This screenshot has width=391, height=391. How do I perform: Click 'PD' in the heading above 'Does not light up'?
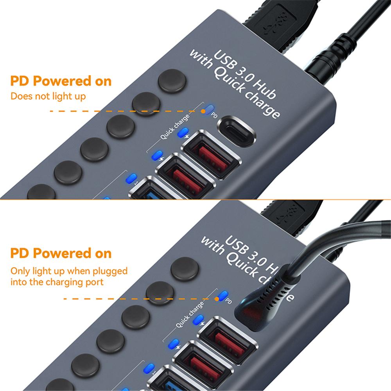point(20,81)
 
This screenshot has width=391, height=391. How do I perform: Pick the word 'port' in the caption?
point(93,282)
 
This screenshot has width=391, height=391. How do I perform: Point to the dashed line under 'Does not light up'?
point(125,111)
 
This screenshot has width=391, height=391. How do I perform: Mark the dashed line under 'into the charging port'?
point(137,299)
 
